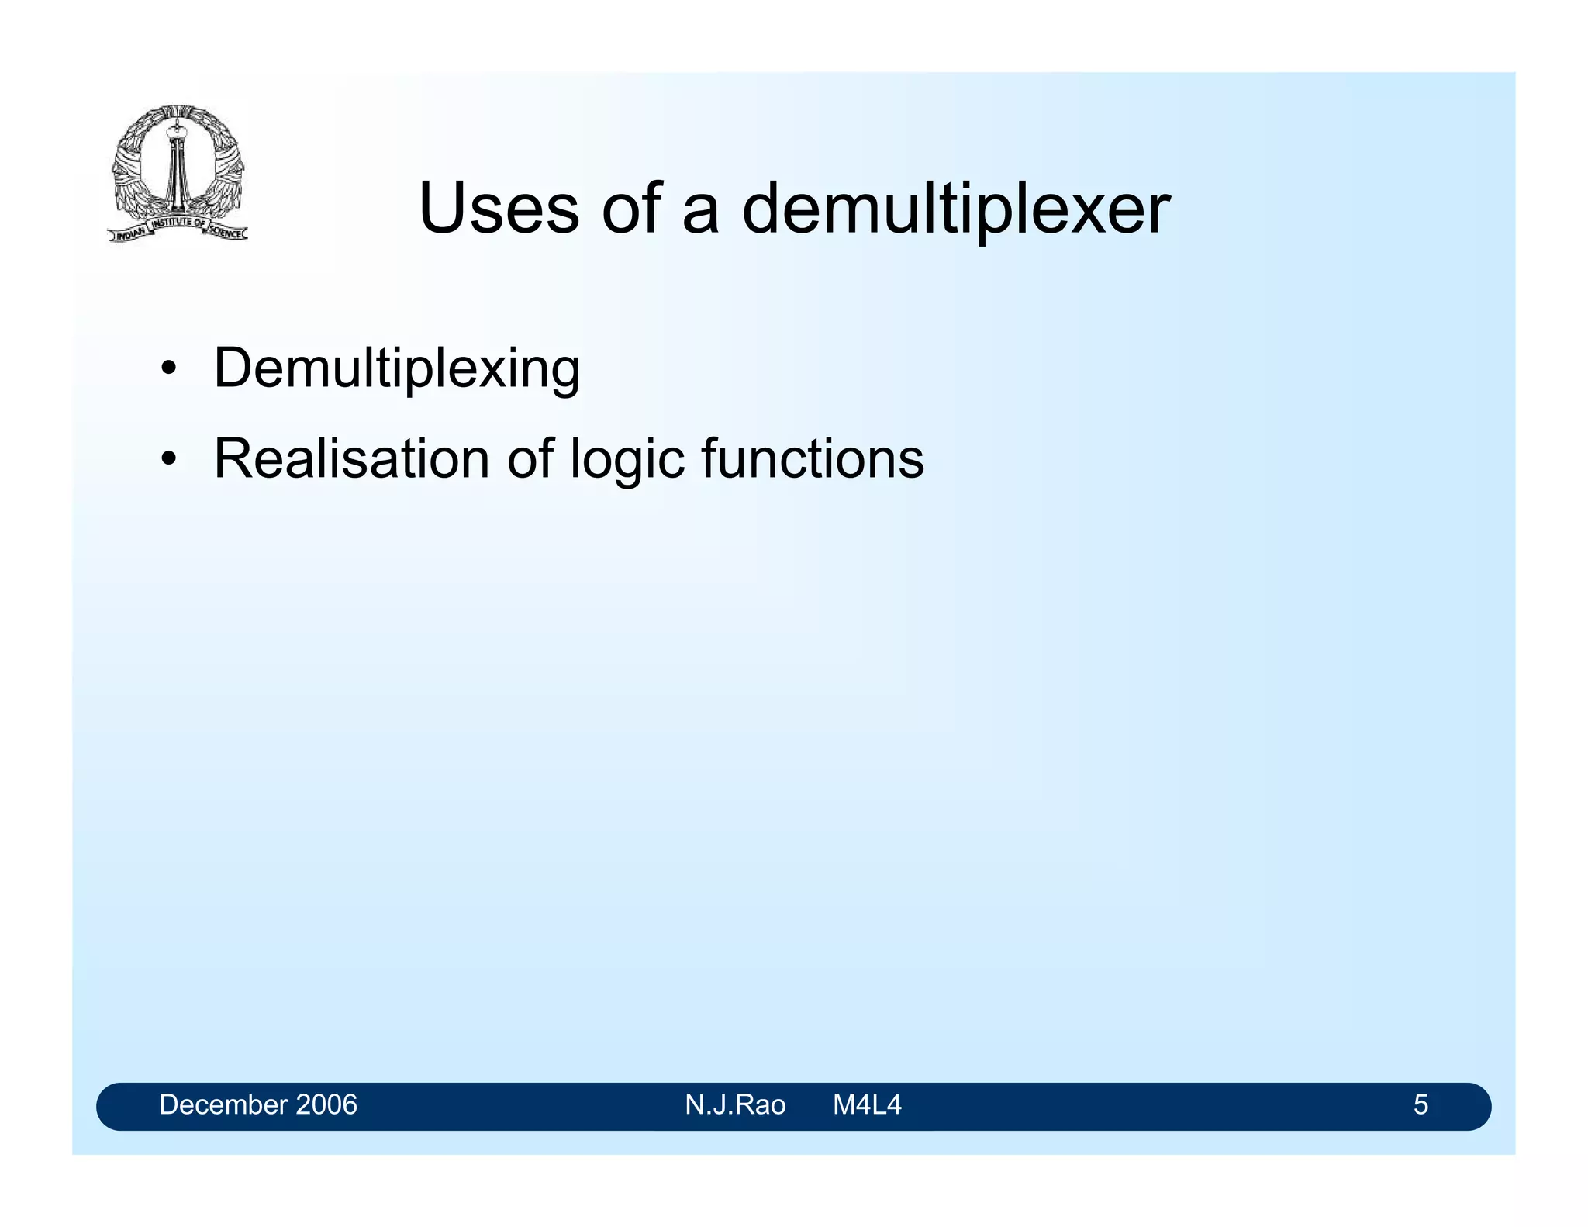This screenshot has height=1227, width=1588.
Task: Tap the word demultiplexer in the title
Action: coord(955,209)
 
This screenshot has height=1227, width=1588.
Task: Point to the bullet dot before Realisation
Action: coord(168,458)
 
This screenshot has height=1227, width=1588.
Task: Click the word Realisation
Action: coord(351,458)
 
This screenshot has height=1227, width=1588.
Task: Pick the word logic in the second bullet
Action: coord(627,460)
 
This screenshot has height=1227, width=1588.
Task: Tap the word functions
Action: coord(813,458)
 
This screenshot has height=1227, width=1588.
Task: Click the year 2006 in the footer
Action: coord(325,1104)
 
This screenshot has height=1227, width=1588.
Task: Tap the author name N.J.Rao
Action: coord(734,1104)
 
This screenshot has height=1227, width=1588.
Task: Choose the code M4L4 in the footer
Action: coord(867,1104)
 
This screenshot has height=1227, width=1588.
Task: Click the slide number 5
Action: coord(1420,1104)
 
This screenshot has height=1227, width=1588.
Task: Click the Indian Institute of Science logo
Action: coord(178,173)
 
